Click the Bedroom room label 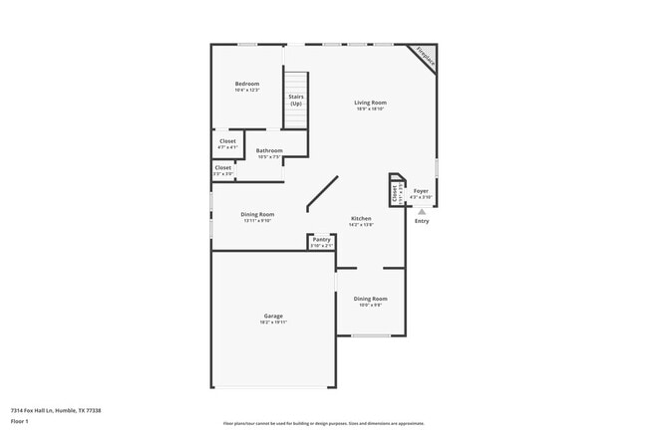(247, 83)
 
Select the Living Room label (371, 103)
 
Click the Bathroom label (269, 150)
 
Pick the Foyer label (422, 189)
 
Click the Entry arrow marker (422, 211)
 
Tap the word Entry (422, 221)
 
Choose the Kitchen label (361, 218)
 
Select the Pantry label (321, 239)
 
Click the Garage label (273, 316)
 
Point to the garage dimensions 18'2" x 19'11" (273, 323)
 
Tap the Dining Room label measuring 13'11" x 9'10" (257, 214)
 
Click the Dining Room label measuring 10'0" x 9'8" (371, 299)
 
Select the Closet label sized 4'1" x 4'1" (227, 141)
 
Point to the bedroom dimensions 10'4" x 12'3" (247, 91)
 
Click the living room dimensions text (371, 109)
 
